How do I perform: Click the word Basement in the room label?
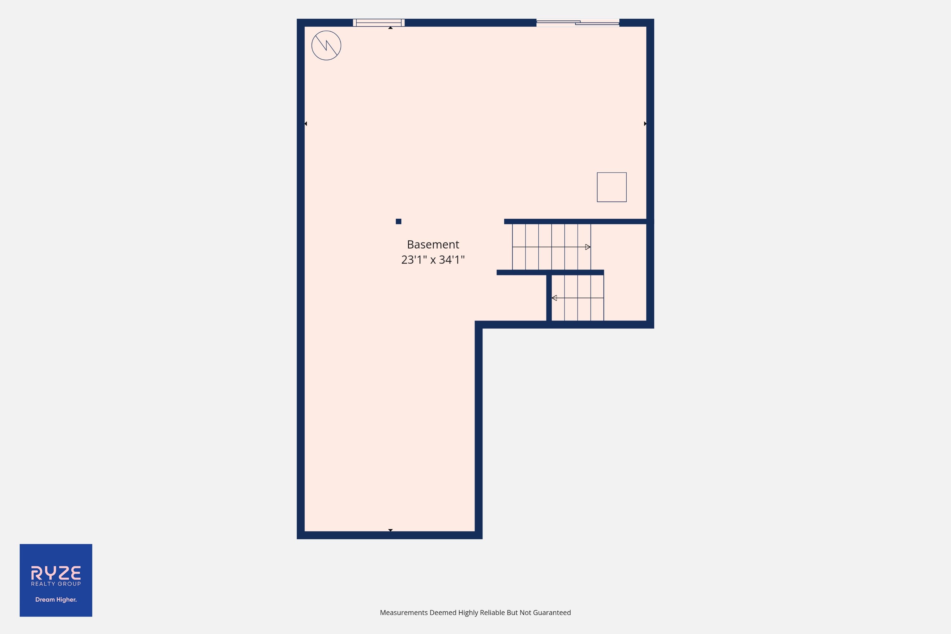pyautogui.click(x=433, y=245)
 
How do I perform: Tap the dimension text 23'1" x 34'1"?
pyautogui.click(x=433, y=260)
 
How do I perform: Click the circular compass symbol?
pyautogui.click(x=326, y=46)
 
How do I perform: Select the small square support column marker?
pyautogui.click(x=398, y=221)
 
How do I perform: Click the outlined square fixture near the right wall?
pyautogui.click(x=612, y=187)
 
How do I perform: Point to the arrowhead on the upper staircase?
pyautogui.click(x=588, y=247)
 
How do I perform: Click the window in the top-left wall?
pyautogui.click(x=379, y=23)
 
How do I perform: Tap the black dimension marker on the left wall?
pyautogui.click(x=306, y=123)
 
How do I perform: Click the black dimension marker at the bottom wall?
pyautogui.click(x=390, y=530)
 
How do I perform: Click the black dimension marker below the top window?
pyautogui.click(x=390, y=28)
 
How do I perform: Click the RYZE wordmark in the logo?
pyautogui.click(x=56, y=573)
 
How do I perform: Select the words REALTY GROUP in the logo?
pyautogui.click(x=56, y=584)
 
